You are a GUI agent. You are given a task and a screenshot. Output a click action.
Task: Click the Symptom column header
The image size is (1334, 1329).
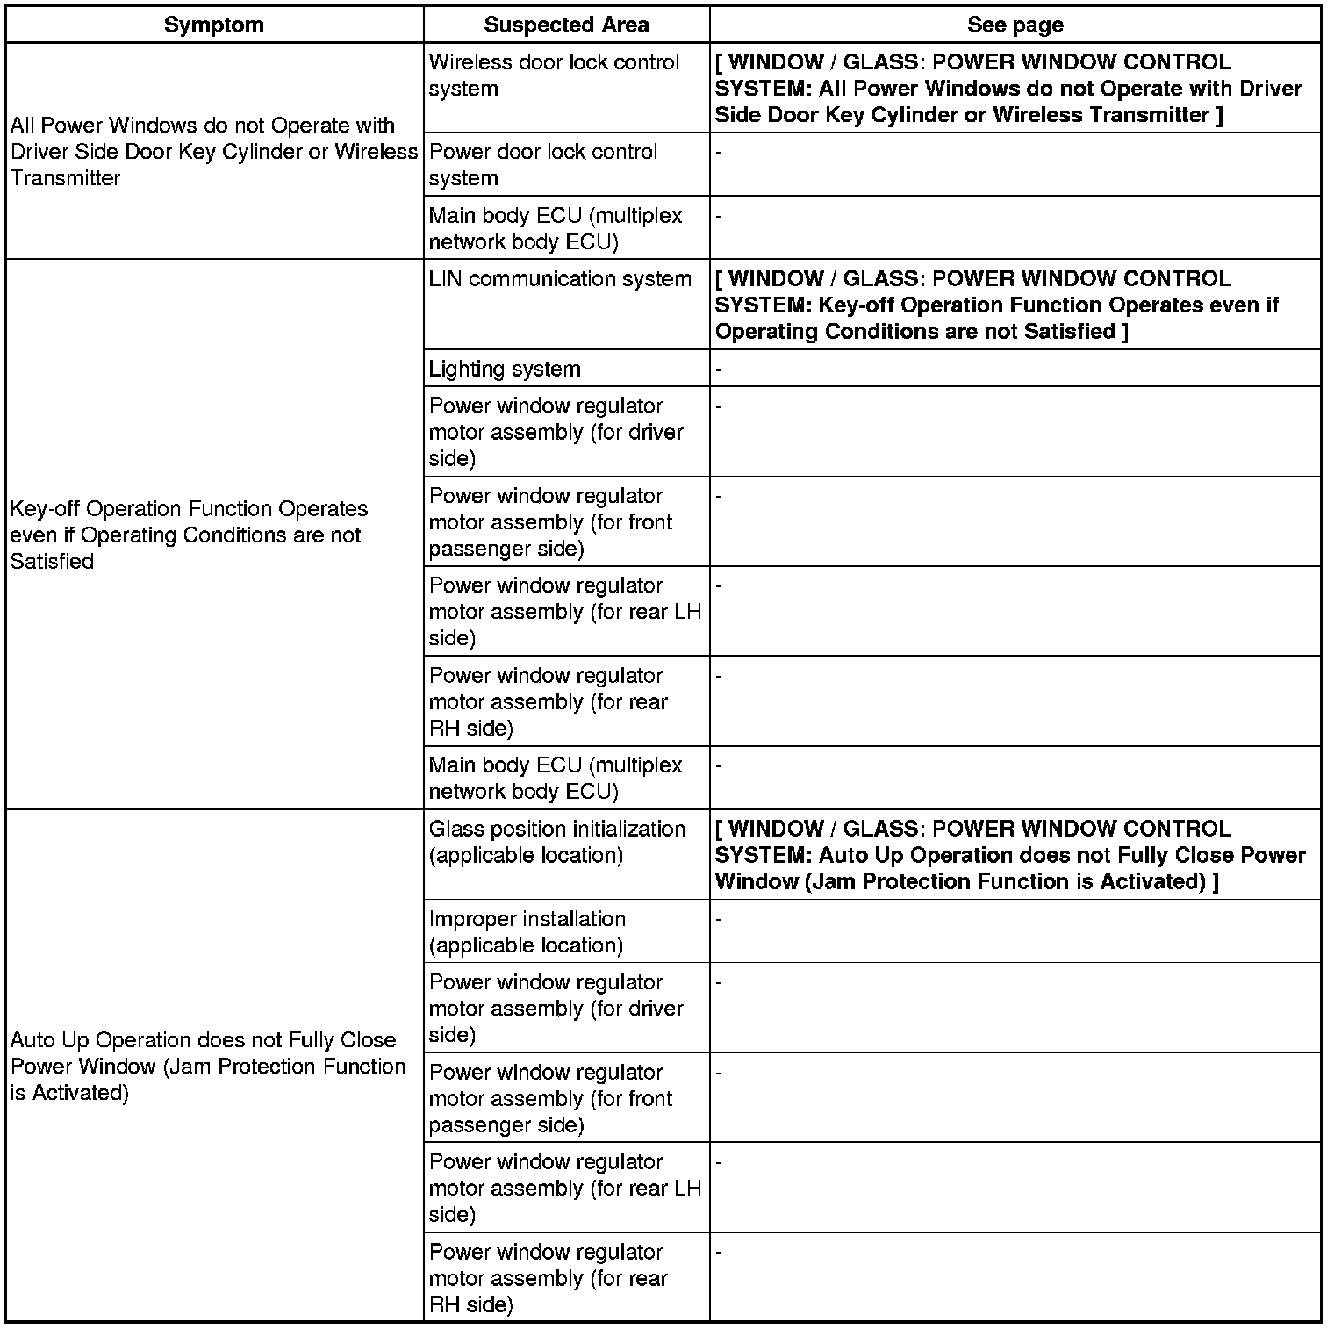214,25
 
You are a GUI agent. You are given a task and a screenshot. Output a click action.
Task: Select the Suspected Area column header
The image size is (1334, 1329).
566,25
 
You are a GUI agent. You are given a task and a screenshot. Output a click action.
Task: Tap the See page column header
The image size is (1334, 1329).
1015,25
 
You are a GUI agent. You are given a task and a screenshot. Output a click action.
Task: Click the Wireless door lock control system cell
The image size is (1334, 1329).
554,75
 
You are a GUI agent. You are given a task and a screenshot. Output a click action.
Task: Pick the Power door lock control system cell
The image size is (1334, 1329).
542,164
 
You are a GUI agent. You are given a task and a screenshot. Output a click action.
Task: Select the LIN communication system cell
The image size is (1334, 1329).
560,279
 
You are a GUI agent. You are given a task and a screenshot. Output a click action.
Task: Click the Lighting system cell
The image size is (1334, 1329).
505,369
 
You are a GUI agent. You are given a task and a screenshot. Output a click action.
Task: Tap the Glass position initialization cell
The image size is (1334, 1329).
556,842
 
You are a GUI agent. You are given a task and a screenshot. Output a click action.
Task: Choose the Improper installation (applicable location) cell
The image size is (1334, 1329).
527,931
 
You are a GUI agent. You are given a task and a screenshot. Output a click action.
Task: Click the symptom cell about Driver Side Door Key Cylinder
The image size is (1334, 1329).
213,151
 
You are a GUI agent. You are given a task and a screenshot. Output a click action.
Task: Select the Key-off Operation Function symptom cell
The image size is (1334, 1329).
189,535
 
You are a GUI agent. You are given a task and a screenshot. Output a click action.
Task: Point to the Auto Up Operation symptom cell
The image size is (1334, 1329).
207,1066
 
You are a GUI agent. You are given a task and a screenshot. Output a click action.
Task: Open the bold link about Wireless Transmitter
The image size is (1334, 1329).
1008,89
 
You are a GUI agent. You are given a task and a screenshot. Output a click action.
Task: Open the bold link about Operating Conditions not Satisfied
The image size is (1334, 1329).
996,305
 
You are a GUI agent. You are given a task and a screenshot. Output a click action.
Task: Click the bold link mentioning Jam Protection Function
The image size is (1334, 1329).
1009,855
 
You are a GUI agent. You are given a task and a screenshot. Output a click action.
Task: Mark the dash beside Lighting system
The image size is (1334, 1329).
719,369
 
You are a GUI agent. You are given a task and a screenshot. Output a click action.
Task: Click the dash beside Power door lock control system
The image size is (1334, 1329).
719,152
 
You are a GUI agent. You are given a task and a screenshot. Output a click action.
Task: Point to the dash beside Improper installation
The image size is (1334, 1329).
719,919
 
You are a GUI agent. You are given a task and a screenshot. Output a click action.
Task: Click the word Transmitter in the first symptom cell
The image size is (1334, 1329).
65,177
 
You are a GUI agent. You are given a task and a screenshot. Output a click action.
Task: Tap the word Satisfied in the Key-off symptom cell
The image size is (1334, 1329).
52,561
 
